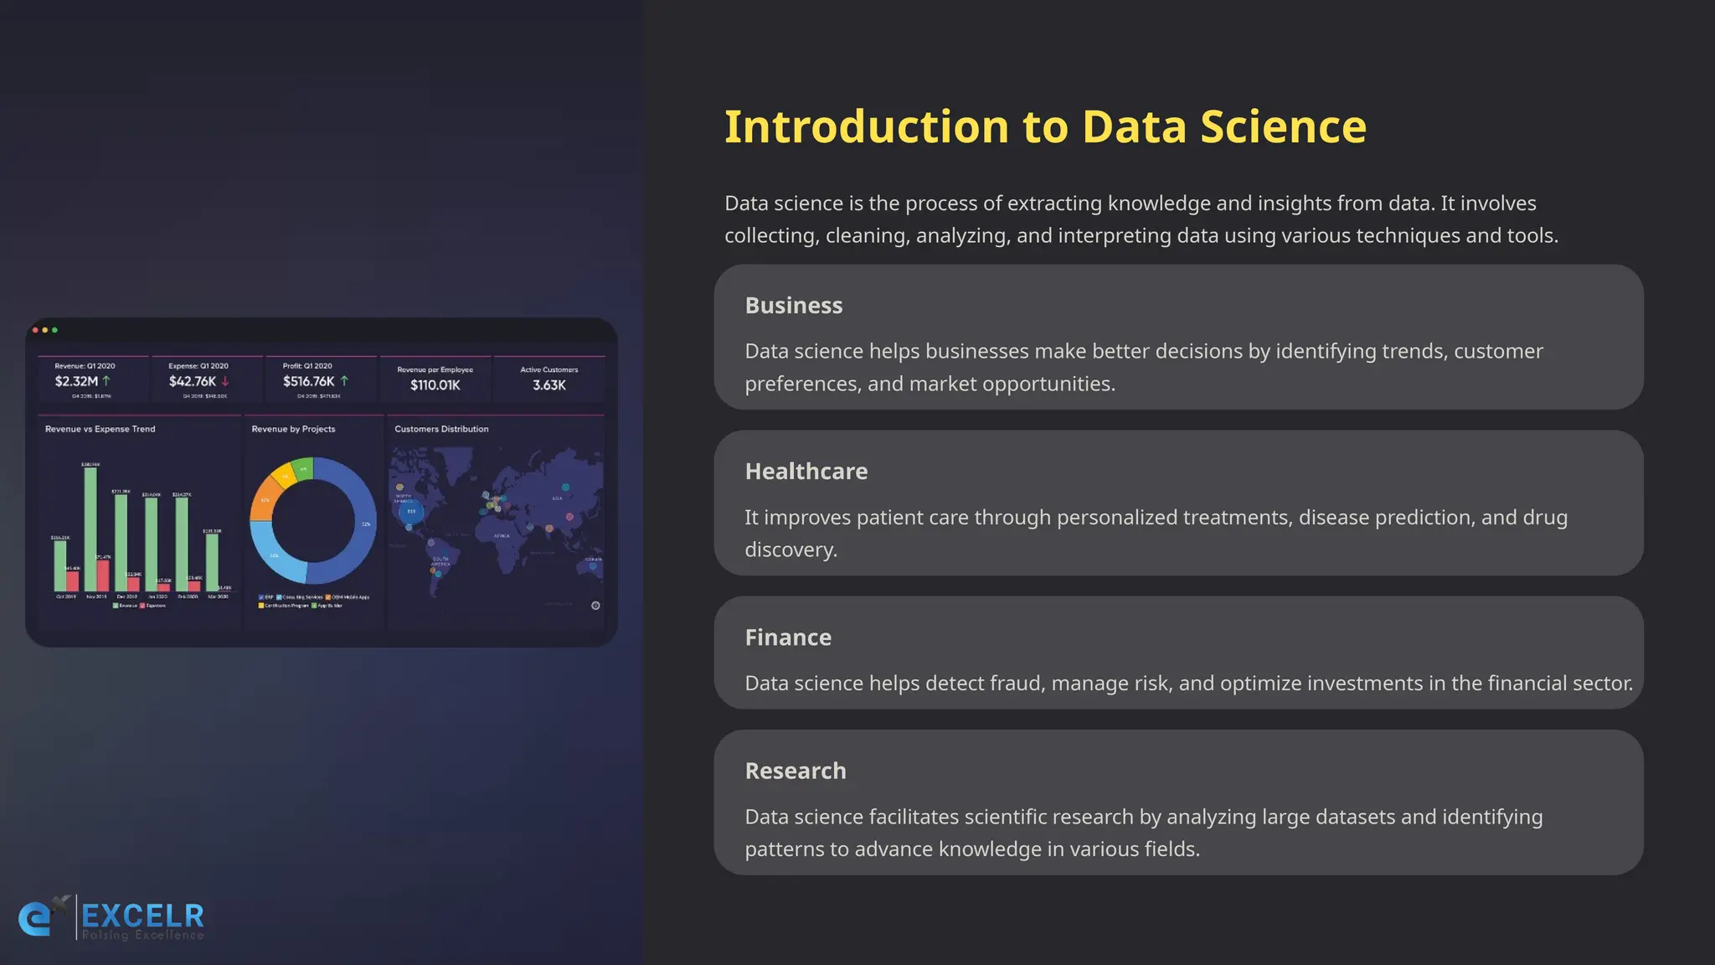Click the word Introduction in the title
[x=866, y=127]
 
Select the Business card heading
[x=793, y=306]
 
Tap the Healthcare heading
[x=806, y=472]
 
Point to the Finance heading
[x=788, y=637]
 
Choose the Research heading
[x=795, y=771]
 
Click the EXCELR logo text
[x=142, y=916]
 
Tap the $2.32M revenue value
[x=76, y=382]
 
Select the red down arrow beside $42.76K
[x=225, y=381]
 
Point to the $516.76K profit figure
[x=308, y=382]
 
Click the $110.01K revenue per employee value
[x=435, y=385]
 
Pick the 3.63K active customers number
[x=549, y=385]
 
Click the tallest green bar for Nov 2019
[x=90, y=528]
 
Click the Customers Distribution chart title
[x=441, y=429]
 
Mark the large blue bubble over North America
[x=410, y=511]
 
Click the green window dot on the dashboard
[x=55, y=330]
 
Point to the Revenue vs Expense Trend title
[x=100, y=429]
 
